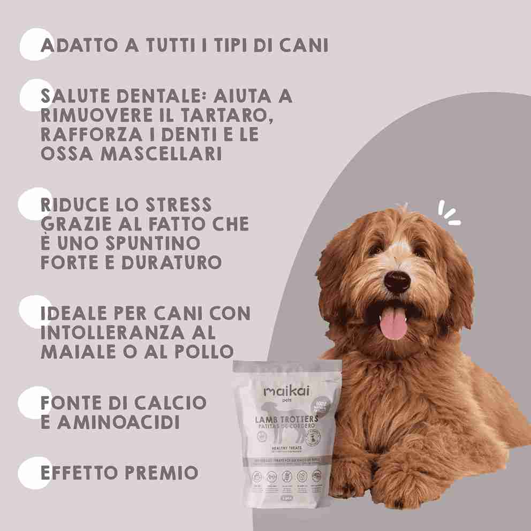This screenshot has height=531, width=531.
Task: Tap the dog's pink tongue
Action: (x=393, y=323)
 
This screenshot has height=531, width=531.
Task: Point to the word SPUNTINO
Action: (x=153, y=243)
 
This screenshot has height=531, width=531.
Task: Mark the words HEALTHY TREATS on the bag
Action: (x=287, y=447)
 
